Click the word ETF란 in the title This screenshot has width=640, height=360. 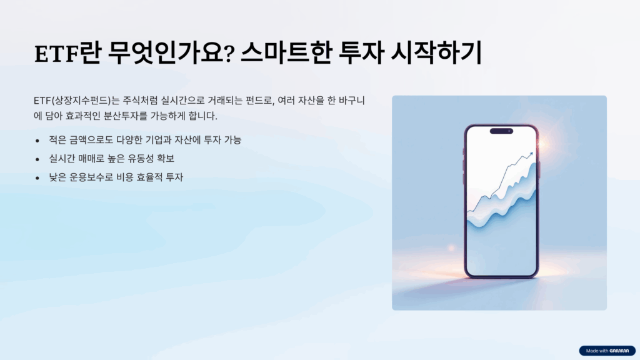tap(67, 53)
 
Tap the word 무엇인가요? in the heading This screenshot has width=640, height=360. tap(171, 53)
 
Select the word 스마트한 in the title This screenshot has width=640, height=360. tap(285, 53)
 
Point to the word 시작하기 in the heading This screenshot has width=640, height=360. tap(436, 53)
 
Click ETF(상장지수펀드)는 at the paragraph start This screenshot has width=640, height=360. tap(76, 101)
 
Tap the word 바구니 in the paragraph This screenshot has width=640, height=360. tap(352, 101)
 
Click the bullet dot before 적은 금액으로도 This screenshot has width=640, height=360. tap(37, 141)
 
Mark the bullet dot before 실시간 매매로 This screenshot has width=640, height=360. tap(37, 159)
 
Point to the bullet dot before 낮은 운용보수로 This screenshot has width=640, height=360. tap(37, 178)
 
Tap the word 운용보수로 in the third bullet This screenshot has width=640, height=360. tap(91, 177)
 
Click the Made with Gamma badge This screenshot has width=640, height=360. tap(607, 351)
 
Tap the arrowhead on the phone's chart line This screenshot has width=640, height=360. tap(530, 154)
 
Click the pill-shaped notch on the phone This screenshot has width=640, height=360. tap(501, 131)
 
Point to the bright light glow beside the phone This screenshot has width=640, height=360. tap(543, 144)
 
